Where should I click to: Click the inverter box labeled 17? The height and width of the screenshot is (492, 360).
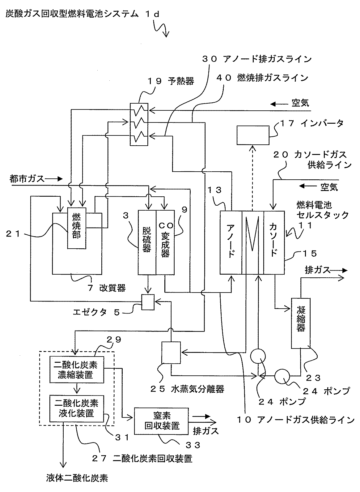click(253, 135)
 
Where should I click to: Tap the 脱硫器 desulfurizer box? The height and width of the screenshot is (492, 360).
click(147, 242)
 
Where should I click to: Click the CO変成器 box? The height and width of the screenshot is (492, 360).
click(165, 242)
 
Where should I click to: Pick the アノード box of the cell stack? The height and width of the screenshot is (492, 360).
click(231, 242)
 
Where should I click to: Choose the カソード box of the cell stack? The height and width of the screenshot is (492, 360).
click(274, 242)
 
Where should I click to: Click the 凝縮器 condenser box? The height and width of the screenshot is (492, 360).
click(301, 323)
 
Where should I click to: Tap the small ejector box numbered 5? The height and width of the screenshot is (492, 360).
click(148, 302)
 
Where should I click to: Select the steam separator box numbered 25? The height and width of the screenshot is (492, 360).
click(171, 352)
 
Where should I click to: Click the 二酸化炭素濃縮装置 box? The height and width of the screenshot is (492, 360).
click(76, 370)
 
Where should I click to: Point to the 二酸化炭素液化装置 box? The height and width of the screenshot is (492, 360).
click(76, 408)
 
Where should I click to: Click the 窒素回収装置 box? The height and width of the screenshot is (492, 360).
click(162, 421)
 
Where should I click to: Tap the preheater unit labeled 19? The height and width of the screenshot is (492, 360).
click(139, 124)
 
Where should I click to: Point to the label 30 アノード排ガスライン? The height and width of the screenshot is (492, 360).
click(256, 59)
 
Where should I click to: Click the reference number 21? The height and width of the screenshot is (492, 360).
click(13, 234)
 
